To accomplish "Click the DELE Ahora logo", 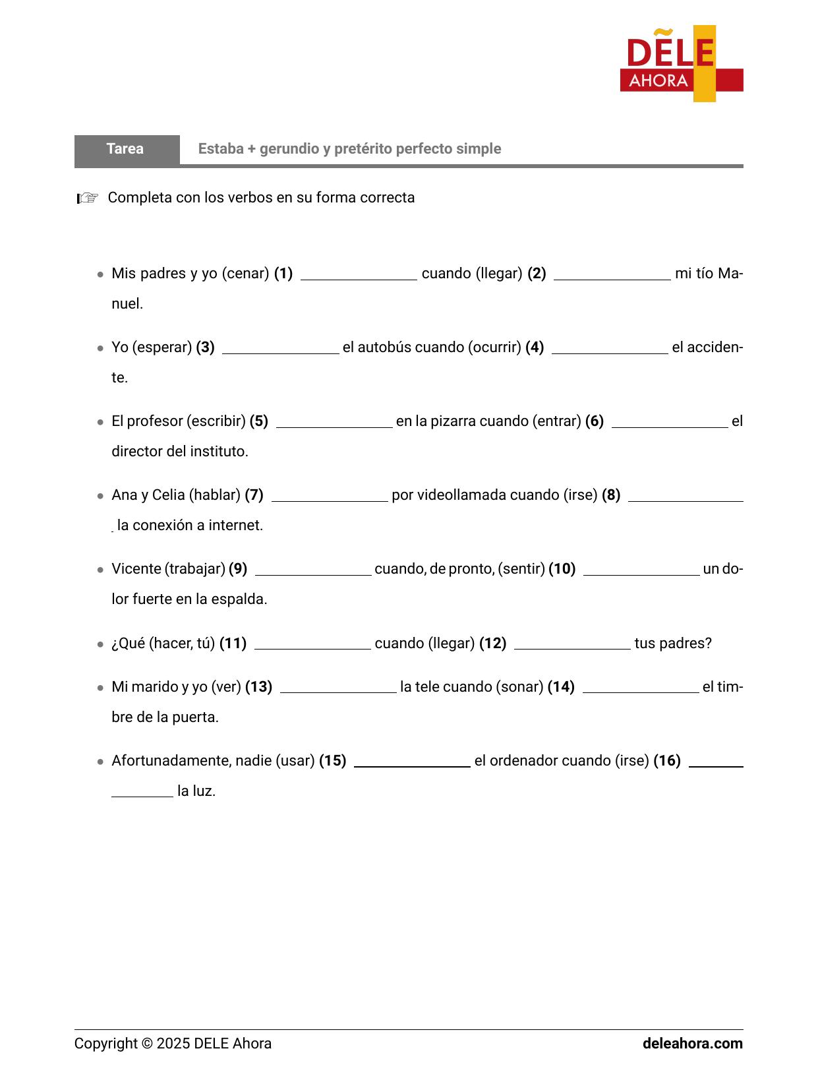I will click(681, 64).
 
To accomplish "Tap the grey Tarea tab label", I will click(125, 149).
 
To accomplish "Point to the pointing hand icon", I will click(87, 198).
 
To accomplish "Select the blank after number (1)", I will click(359, 274).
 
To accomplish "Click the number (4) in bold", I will click(535, 348).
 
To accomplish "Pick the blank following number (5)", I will click(334, 422).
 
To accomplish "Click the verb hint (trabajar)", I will click(194, 569).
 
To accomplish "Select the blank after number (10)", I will click(641, 570).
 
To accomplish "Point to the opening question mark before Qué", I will click(115, 644).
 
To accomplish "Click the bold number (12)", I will click(492, 644).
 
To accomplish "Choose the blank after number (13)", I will click(338, 688).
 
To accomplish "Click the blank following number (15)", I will click(412, 762).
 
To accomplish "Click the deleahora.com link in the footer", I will click(692, 1044).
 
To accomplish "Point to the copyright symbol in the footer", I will click(147, 1044).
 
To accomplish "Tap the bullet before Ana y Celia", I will click(100, 496).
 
